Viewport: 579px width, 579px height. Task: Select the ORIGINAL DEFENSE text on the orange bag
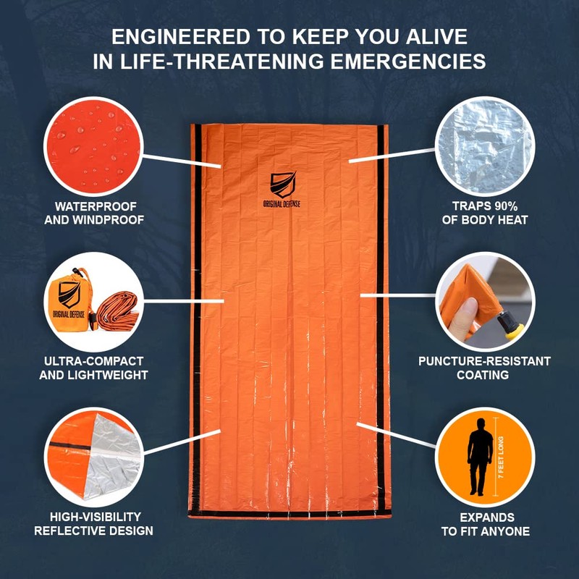[x=282, y=204]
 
